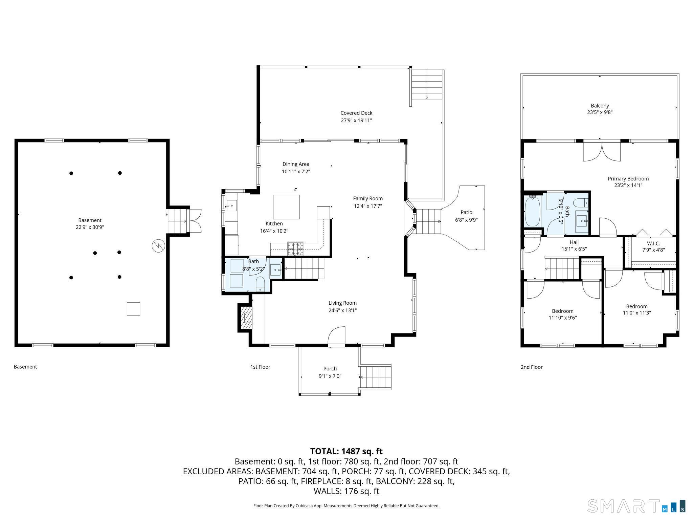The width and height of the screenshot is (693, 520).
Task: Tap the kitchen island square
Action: click(x=286, y=207)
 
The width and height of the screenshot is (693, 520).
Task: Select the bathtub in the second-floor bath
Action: click(x=533, y=212)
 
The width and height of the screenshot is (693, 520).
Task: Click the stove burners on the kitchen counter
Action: click(x=296, y=248)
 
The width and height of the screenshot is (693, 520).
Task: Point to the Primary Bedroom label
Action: click(x=628, y=179)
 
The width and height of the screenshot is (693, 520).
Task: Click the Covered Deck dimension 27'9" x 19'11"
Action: click(x=356, y=121)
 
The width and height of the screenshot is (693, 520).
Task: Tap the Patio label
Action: click(x=466, y=212)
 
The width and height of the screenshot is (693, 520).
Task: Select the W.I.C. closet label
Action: click(x=653, y=243)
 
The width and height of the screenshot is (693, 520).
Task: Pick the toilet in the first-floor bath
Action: click(x=260, y=284)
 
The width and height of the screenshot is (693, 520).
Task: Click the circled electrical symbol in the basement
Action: click(x=158, y=246)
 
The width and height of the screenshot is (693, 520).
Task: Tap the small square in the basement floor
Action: click(x=133, y=309)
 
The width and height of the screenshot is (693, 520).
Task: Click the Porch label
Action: click(x=330, y=369)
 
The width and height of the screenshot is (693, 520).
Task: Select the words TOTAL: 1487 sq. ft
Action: click(x=346, y=451)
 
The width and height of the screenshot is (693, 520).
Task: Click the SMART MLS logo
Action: click(x=636, y=506)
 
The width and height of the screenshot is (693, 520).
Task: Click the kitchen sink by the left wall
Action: click(x=231, y=205)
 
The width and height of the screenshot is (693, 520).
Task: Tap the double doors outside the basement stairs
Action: click(x=196, y=220)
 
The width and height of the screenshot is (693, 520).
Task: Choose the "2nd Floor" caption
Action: click(x=532, y=367)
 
